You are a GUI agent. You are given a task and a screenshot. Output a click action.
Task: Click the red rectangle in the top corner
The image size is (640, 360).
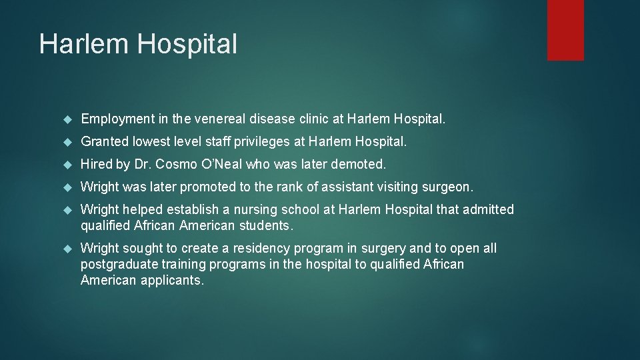coord(565,30)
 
